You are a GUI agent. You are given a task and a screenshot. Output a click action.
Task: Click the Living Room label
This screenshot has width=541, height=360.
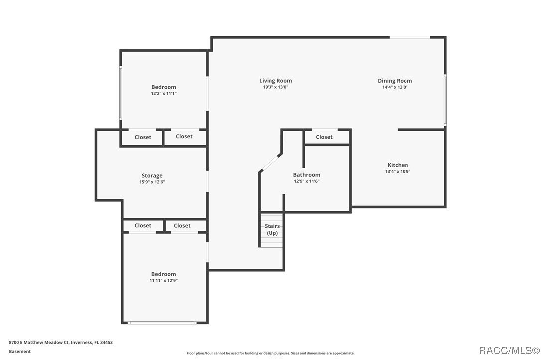pos(275,81)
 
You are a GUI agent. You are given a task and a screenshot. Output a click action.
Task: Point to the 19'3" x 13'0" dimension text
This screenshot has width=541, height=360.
pos(275,87)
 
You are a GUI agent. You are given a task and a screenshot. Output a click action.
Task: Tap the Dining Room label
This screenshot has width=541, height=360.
pos(395,81)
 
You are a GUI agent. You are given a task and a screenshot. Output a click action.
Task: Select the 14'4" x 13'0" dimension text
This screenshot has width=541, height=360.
pos(395,87)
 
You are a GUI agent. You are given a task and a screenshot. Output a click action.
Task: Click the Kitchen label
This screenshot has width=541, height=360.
pos(398,165)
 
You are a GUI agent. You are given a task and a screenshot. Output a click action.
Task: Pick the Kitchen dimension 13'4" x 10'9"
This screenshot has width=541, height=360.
pos(398,171)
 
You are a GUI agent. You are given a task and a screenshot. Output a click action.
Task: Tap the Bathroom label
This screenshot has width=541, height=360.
pos(306,175)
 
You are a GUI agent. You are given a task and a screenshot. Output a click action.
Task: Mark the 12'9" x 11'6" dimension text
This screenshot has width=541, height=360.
pos(306,181)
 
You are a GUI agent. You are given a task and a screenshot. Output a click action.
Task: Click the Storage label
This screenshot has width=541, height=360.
pos(152,176)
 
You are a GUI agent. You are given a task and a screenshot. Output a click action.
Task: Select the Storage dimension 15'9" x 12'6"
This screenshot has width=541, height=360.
pos(152,182)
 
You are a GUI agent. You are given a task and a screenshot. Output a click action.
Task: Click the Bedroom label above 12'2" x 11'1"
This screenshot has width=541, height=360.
pos(164,87)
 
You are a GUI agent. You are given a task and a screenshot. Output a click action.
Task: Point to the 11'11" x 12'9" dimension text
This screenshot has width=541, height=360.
pos(164,281)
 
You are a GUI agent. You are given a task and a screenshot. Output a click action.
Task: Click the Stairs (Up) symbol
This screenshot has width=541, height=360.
pos(271,230)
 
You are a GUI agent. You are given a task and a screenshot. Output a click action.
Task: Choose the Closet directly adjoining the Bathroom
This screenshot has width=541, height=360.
pos(324,137)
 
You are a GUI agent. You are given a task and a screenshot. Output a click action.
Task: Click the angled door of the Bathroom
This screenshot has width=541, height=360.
pos(270,163)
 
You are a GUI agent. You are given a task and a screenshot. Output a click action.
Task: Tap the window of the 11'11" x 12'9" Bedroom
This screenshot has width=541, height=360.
pos(161,323)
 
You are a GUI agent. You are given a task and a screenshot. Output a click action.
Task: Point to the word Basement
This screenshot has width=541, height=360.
pos(20,351)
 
